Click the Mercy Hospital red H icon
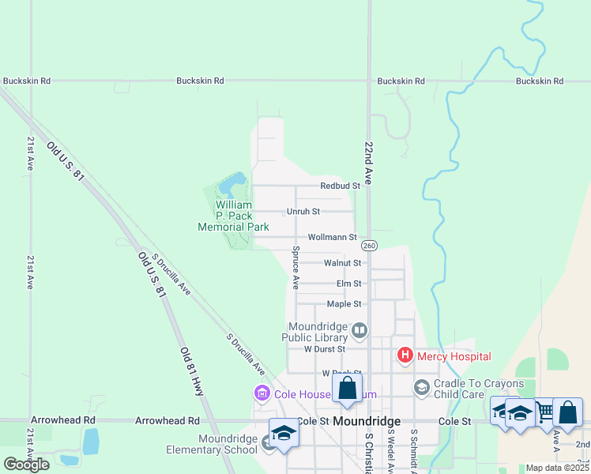(x=405, y=355)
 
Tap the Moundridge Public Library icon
(x=359, y=330)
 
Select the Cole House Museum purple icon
(x=262, y=393)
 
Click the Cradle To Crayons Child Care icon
(x=421, y=387)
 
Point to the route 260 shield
(x=370, y=245)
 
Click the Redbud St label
(x=340, y=186)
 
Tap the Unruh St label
(x=303, y=212)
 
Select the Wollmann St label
(x=332, y=237)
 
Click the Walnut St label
(x=342, y=263)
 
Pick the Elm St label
(x=348, y=284)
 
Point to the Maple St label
(x=344, y=304)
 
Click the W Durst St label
(x=325, y=348)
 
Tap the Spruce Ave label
(x=295, y=267)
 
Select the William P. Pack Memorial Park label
(x=233, y=215)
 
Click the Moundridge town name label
(x=367, y=422)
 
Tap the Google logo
(x=26, y=464)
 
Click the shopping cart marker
(x=544, y=411)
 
